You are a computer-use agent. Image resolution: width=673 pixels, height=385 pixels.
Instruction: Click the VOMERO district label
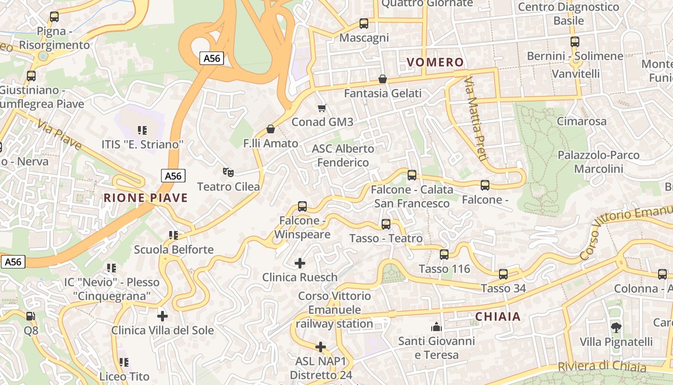pos(435,62)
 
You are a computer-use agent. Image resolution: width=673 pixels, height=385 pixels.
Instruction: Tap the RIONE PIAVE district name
pos(146,198)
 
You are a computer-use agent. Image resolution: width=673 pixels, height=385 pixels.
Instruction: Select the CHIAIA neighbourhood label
pos(498,316)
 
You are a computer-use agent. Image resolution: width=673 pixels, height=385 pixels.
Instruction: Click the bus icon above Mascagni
pos(364,24)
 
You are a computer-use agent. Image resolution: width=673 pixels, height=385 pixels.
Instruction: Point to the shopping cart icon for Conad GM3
pos(322,108)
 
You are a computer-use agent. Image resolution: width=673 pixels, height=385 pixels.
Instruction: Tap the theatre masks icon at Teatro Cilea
pos(228,172)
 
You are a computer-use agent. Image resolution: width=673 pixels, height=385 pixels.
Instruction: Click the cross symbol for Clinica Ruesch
pos(300,263)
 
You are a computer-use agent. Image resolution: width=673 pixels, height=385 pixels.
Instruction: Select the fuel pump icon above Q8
pos(31,316)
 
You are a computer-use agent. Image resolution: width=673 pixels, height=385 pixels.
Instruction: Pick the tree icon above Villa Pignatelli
pos(616,328)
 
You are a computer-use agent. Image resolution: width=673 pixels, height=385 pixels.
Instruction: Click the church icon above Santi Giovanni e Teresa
pos(436,327)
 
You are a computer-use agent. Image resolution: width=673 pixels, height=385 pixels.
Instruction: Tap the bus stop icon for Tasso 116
pos(444,255)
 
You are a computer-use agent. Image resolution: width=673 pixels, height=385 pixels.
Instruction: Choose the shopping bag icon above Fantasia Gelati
pos(383,79)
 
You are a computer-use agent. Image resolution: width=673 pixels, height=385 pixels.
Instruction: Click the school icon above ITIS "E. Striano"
pos(142,130)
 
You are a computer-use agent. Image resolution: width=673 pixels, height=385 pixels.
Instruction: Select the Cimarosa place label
pos(582,121)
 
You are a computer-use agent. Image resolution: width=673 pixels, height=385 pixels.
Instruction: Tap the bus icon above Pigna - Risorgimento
pos(54,17)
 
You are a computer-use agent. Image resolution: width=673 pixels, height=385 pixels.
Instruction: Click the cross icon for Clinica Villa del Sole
pos(162,316)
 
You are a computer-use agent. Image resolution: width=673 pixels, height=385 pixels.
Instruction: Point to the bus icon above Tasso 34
pos(503,274)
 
